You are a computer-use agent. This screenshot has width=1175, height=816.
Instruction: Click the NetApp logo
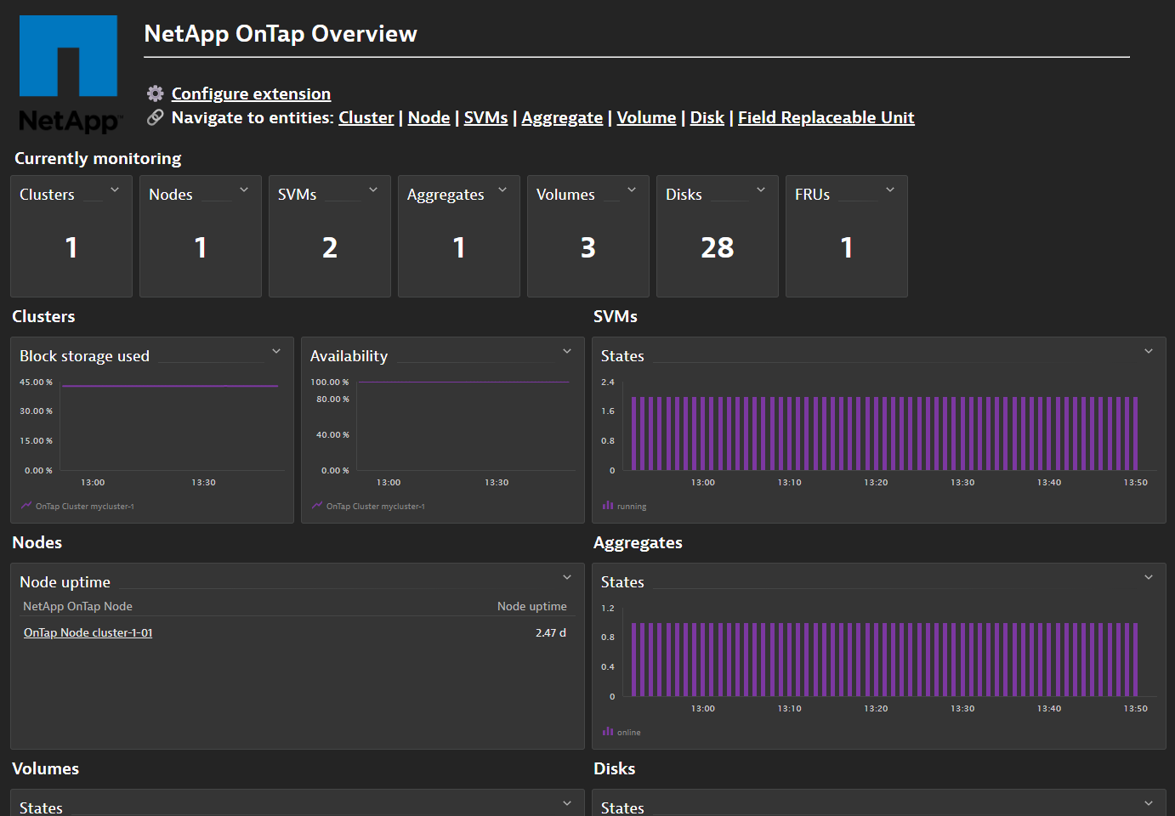tap(68, 74)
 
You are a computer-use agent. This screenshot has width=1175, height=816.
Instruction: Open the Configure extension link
tap(251, 94)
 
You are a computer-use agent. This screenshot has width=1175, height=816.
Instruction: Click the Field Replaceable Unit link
tap(826, 118)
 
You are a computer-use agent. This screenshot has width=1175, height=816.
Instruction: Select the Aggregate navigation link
tap(562, 118)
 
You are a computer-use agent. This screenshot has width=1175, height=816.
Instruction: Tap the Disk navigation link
tap(707, 118)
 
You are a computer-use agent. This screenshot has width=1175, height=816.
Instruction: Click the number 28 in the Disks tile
tap(717, 247)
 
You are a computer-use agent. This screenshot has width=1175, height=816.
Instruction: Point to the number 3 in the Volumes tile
tap(587, 247)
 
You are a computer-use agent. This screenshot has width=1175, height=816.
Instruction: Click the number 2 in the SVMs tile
tap(330, 247)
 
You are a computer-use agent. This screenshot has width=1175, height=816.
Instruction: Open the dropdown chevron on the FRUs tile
tap(890, 190)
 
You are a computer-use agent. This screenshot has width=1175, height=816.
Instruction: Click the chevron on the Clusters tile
tap(115, 190)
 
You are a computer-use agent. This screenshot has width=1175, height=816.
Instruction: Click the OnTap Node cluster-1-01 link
tap(88, 633)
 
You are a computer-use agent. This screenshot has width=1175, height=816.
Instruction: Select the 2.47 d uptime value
tap(550, 633)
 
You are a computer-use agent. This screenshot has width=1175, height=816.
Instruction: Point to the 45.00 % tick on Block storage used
tap(36, 382)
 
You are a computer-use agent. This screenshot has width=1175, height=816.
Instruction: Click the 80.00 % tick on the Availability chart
tap(332, 399)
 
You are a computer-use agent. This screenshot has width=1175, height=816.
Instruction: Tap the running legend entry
tap(631, 507)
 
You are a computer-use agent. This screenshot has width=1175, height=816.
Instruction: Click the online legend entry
tap(628, 733)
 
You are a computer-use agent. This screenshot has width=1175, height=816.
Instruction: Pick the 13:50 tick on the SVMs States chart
tap(1135, 483)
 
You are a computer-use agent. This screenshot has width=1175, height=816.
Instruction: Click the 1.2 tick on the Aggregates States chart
tap(607, 609)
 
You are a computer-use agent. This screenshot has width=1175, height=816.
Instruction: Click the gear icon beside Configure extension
tap(155, 93)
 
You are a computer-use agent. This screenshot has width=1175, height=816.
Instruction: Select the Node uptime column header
tap(531, 607)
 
